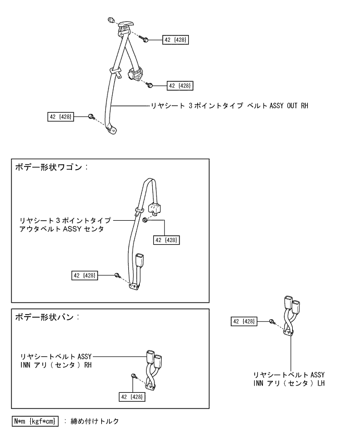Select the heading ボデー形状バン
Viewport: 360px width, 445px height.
coord(47,317)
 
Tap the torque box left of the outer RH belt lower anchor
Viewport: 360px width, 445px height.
coord(60,117)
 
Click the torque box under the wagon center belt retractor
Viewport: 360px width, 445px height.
coord(165,239)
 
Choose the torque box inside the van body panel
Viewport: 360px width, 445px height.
coord(133,396)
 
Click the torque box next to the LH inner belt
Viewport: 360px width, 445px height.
coord(244,321)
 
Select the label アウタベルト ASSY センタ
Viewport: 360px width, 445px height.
coord(66,228)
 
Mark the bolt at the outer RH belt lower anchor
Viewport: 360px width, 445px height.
coord(91,116)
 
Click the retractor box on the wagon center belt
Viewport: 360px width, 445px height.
coord(156,208)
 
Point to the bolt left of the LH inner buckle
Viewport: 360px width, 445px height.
coord(272,321)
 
